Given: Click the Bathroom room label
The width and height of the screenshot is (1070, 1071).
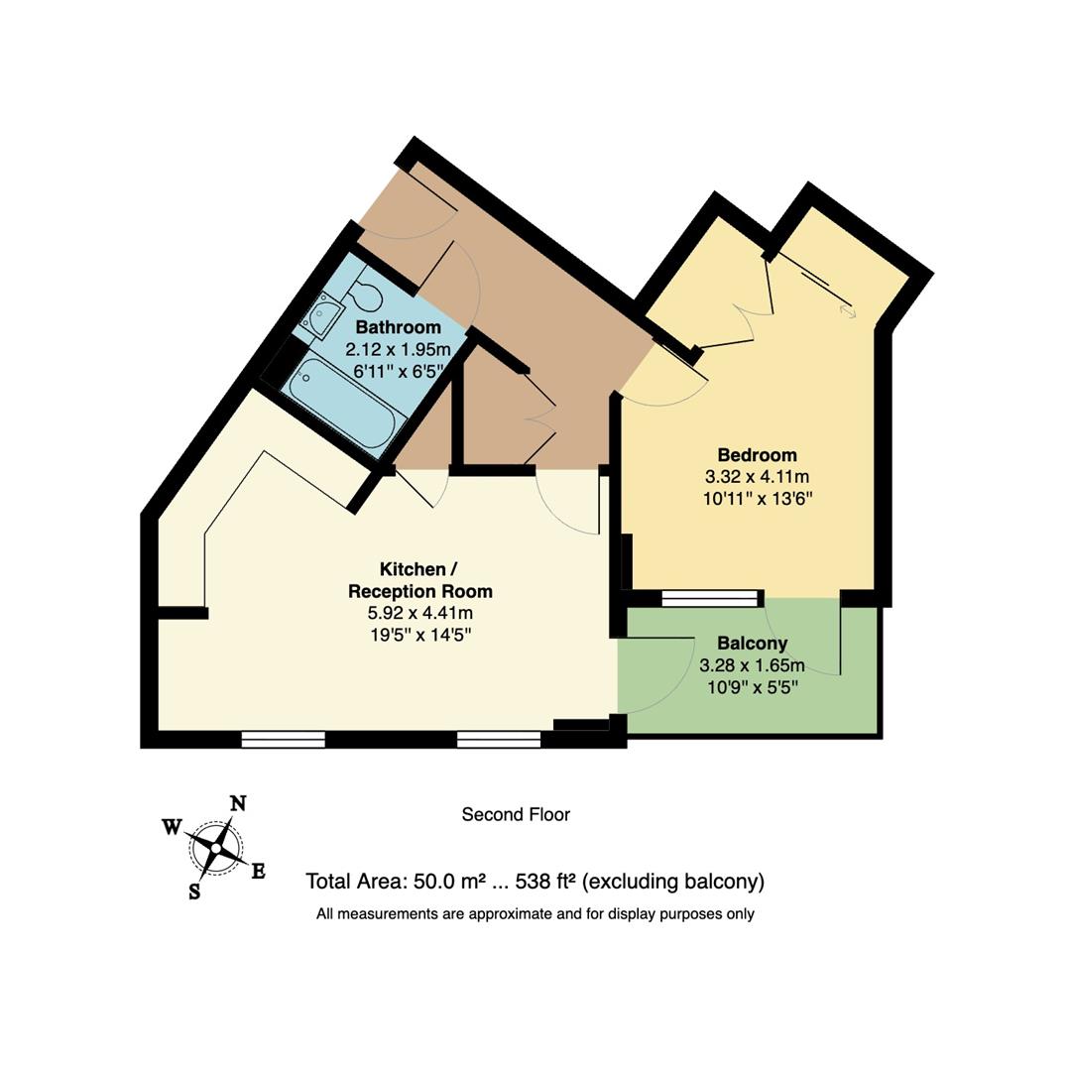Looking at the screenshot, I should (398, 328).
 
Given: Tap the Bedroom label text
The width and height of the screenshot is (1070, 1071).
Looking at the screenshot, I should (757, 455).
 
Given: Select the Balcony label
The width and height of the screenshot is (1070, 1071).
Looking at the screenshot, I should (752, 644).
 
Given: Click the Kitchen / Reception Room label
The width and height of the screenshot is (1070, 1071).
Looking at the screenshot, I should (419, 580).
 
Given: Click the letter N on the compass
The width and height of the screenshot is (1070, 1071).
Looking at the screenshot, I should (238, 803).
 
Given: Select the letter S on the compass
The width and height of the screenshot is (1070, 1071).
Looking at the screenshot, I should (194, 892).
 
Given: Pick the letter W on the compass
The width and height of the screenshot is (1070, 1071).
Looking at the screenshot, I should (172, 826).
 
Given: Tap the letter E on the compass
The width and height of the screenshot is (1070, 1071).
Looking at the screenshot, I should (258, 872).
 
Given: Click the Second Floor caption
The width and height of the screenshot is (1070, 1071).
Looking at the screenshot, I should (516, 815).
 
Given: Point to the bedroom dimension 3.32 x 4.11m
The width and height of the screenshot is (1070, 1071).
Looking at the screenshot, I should (757, 477).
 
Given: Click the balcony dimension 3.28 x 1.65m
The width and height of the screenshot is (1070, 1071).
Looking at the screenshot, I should (752, 665).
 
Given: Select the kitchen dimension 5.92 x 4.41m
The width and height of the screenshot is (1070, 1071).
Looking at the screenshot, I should (419, 613).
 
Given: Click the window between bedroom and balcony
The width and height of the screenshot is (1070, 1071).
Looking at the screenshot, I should (709, 598).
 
